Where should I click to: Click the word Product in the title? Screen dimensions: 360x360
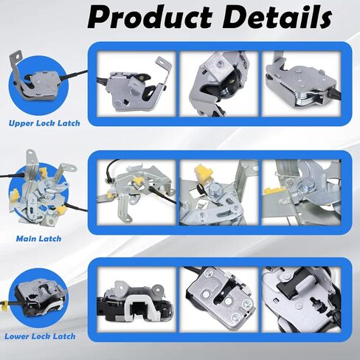click(x=150, y=17)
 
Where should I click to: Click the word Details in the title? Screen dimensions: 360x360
click(x=277, y=16)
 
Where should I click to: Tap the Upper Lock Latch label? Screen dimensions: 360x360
click(x=44, y=123)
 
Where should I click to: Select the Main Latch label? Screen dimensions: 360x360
click(x=38, y=238)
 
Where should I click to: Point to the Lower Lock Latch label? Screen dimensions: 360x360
click(x=40, y=336)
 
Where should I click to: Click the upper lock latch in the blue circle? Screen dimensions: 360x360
click(x=35, y=79)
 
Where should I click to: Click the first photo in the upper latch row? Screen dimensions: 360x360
click(x=136, y=84)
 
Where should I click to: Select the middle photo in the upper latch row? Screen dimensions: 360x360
click(x=219, y=84)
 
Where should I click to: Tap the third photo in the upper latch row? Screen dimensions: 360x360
click(x=302, y=84)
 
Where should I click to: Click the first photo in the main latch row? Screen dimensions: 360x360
click(x=136, y=193)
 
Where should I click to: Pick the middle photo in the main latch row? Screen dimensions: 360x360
click(x=219, y=193)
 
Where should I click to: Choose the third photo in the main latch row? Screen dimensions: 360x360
click(x=302, y=193)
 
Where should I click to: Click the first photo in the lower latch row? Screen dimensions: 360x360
click(x=136, y=300)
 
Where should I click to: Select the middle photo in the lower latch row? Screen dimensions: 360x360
click(x=219, y=300)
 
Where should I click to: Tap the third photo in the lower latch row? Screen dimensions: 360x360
click(x=302, y=300)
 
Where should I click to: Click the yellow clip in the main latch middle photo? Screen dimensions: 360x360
click(x=203, y=173)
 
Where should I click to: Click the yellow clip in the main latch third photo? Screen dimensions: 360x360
click(x=274, y=191)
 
